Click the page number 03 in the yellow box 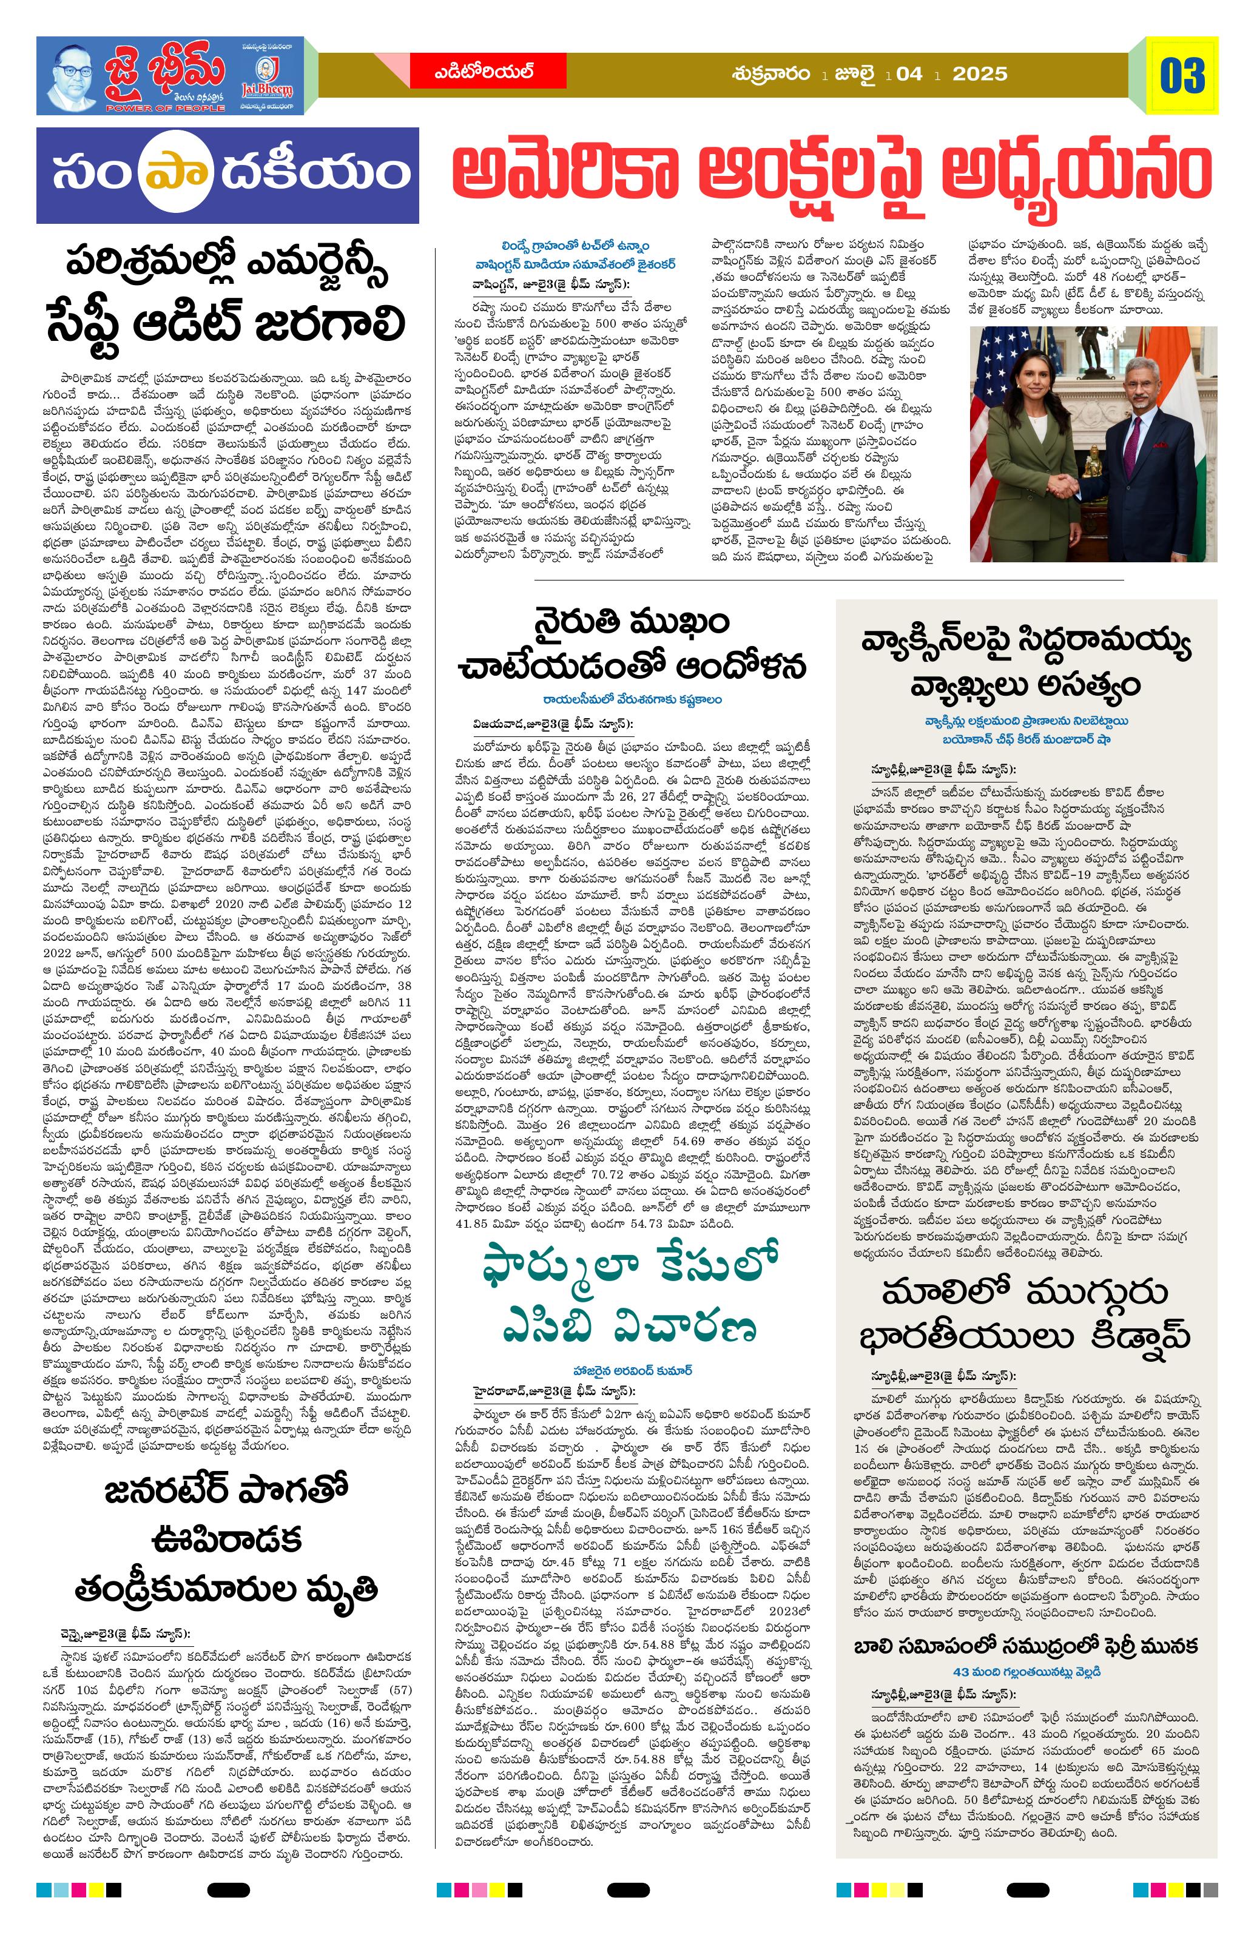1182,76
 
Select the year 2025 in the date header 980,74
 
